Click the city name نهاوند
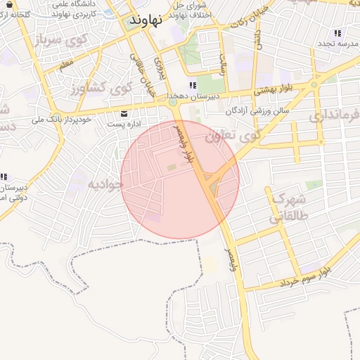[146, 20]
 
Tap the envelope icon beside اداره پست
[124, 113]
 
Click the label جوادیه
[105, 184]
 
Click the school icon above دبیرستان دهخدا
[173, 86]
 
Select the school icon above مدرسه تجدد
[338, 33]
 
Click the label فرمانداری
[334, 113]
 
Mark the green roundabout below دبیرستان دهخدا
[172, 104]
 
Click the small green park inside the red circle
[172, 167]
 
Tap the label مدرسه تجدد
[338, 44]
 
